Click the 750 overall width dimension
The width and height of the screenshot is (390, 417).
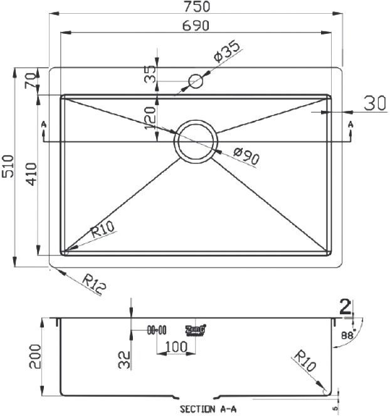[196, 7]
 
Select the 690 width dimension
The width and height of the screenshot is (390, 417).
[196, 26]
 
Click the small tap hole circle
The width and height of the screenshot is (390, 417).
[196, 81]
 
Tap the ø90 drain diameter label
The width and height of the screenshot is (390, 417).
[246, 156]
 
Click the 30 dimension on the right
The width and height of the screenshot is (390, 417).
[374, 103]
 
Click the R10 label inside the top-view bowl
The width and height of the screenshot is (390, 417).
[103, 231]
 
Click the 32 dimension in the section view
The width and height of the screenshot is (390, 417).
[124, 359]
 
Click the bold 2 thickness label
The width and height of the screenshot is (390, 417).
[344, 306]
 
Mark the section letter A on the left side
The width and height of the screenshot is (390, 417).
[43, 125]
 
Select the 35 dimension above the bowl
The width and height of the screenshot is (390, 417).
[150, 75]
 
